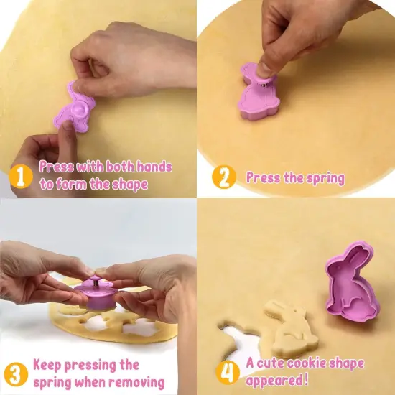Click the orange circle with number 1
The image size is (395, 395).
(21, 175)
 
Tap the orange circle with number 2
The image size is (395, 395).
(224, 177)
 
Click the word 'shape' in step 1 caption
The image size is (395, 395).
(129, 185)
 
